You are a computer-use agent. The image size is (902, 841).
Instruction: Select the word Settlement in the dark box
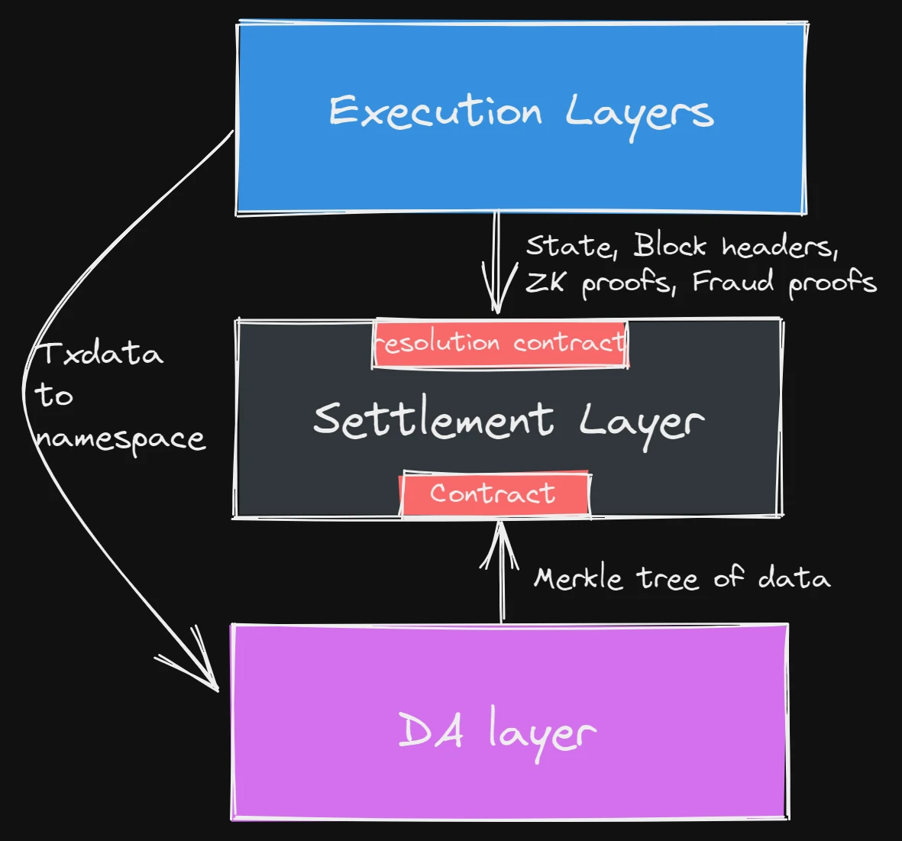pyautogui.click(x=433, y=419)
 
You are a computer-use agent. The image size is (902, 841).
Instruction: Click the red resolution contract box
pyautogui.click(x=500, y=344)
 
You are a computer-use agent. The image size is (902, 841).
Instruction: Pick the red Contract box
pyautogui.click(x=494, y=493)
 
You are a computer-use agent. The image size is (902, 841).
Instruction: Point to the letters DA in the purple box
pyautogui.click(x=431, y=730)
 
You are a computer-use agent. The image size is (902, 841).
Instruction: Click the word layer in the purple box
pyautogui.click(x=542, y=733)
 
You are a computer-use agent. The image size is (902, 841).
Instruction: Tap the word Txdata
pyautogui.click(x=100, y=354)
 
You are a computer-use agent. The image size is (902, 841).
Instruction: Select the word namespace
pyautogui.click(x=121, y=439)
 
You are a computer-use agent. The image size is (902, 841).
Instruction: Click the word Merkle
pyautogui.click(x=577, y=578)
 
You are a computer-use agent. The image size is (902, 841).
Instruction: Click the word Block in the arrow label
pyautogui.click(x=669, y=246)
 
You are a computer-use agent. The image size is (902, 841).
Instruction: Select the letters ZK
pyautogui.click(x=545, y=283)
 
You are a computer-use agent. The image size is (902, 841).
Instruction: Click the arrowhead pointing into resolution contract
pyautogui.click(x=497, y=302)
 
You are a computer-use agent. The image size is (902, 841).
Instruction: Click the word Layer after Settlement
pyautogui.click(x=640, y=422)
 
